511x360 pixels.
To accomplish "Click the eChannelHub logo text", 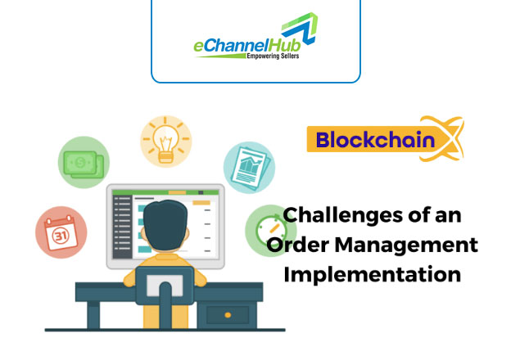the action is coord(247,46).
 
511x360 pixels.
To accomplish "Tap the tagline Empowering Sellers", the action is coord(273,56).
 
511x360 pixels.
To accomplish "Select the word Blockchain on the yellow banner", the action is coord(375,140).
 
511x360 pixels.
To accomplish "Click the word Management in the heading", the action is coord(406,245).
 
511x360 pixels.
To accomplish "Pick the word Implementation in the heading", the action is coord(372,275).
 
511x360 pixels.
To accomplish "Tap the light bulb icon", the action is coord(166,142).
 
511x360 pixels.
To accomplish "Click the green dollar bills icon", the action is coord(84,162).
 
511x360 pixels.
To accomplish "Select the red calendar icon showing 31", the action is coord(61,232).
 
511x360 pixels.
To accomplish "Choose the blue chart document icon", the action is coord(249,167).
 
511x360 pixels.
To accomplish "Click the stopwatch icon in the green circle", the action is coord(271,231).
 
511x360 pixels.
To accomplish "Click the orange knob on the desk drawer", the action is coord(228,315).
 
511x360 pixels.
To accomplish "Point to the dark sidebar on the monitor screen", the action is coord(122,227).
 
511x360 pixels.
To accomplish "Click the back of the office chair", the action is coord(165,286).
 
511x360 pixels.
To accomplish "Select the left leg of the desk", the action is coord(93,315).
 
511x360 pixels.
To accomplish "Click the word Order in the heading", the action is coord(297,245).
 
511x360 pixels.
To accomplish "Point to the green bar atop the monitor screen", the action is coord(165,193).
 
